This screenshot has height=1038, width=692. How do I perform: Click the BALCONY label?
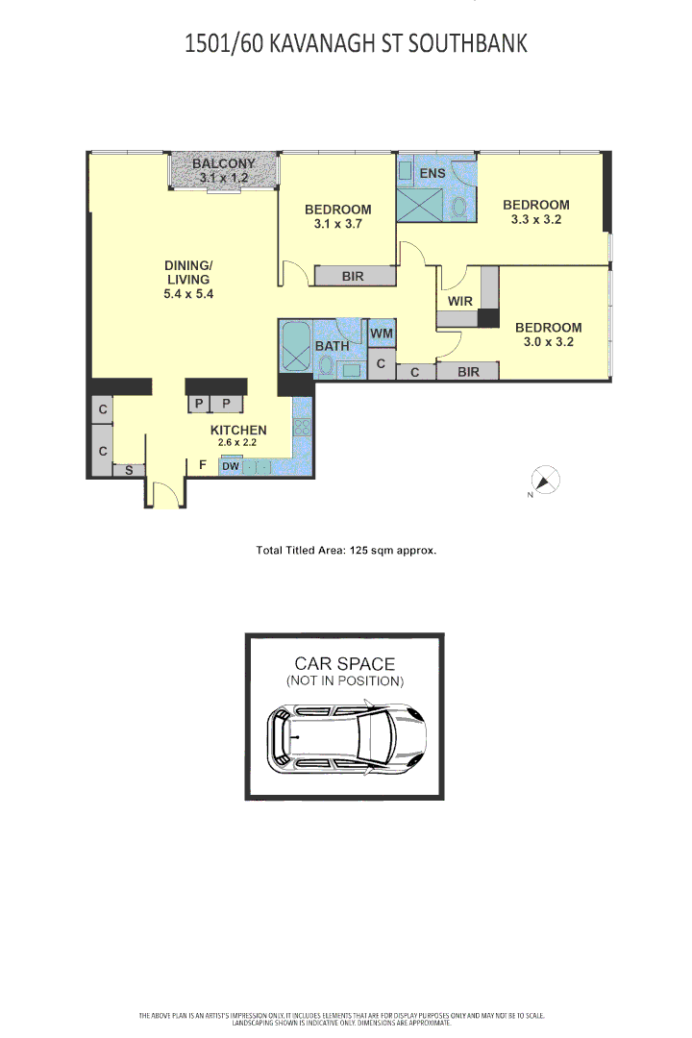point(224,163)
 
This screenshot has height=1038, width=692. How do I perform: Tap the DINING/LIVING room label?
point(188,272)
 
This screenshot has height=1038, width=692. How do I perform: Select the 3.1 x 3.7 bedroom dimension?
point(337,224)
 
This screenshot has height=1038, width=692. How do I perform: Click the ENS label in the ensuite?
point(432,173)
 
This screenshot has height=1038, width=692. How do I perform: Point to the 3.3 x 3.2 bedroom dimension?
point(535,220)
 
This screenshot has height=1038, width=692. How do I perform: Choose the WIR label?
point(460,301)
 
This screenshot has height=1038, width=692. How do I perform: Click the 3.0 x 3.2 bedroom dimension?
point(548,342)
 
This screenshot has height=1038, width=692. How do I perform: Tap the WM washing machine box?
point(382,333)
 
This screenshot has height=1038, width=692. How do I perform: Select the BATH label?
point(332,346)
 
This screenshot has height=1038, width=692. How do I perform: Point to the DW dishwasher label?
point(231,466)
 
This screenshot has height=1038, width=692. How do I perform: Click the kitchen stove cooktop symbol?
point(302,427)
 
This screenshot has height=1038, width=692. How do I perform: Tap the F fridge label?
point(204,465)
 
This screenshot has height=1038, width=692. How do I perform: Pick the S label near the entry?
point(129,471)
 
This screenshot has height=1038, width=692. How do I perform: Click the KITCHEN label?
point(238,431)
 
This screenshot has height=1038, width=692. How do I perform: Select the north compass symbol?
point(546,480)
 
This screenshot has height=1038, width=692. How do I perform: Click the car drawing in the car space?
point(347,737)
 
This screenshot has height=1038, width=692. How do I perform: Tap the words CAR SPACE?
point(344,664)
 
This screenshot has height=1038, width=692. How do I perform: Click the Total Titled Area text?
point(346,550)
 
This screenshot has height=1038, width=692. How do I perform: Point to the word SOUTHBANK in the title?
point(467,43)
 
